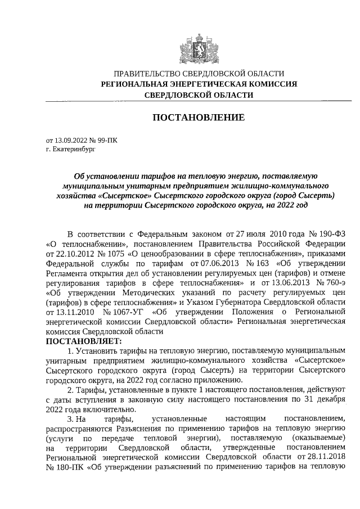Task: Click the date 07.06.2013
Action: [213, 263]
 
